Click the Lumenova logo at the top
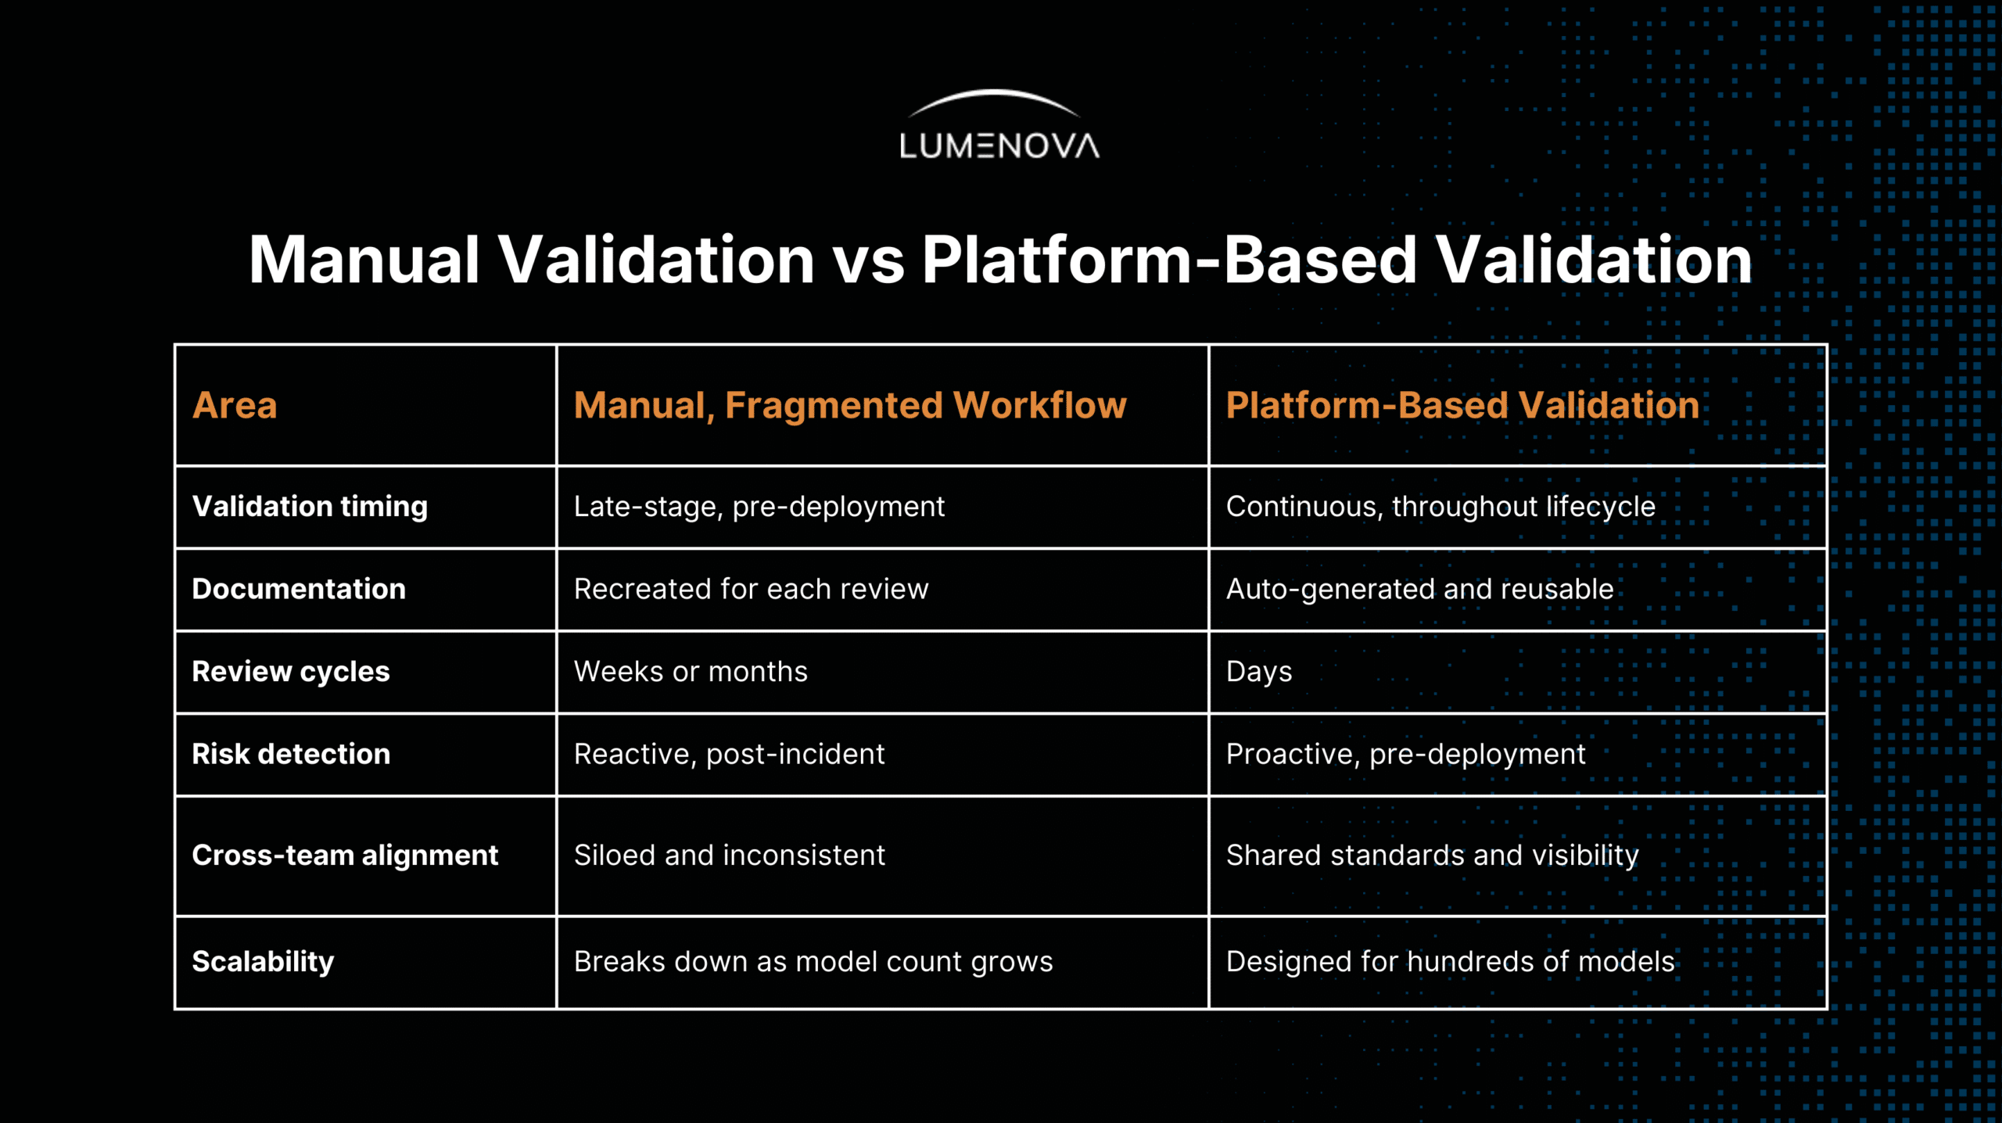click(x=999, y=125)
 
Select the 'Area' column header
click(x=235, y=405)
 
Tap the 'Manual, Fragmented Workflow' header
click(x=850, y=406)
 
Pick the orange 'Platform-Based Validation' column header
click(x=1462, y=405)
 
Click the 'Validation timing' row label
click(x=310, y=507)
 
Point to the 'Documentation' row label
click(x=299, y=589)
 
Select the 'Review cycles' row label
click(x=291, y=672)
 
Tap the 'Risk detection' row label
click(x=291, y=754)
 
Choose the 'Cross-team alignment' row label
click(x=345, y=856)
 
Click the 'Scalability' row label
click(x=263, y=962)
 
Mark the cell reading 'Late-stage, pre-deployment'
click(x=759, y=507)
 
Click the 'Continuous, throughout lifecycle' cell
click(x=1441, y=507)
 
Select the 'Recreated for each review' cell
click(x=751, y=589)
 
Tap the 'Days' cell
click(x=1259, y=672)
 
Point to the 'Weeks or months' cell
click(x=691, y=672)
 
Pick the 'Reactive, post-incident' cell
click(x=729, y=754)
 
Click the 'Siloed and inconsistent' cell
click(x=729, y=856)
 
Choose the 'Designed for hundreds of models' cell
click(x=1450, y=962)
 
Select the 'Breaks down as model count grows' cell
click(x=813, y=962)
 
